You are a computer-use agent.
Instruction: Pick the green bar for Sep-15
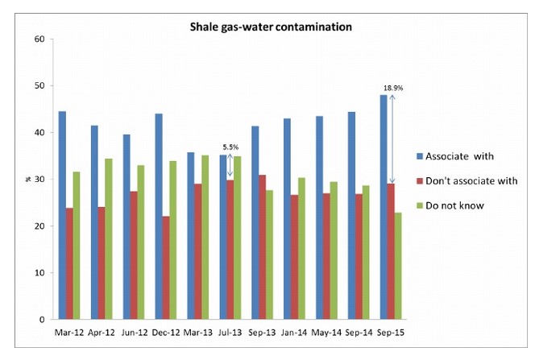tap(399, 266)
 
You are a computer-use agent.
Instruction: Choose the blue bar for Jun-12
tap(126, 226)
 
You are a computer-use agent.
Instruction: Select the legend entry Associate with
tap(462, 155)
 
